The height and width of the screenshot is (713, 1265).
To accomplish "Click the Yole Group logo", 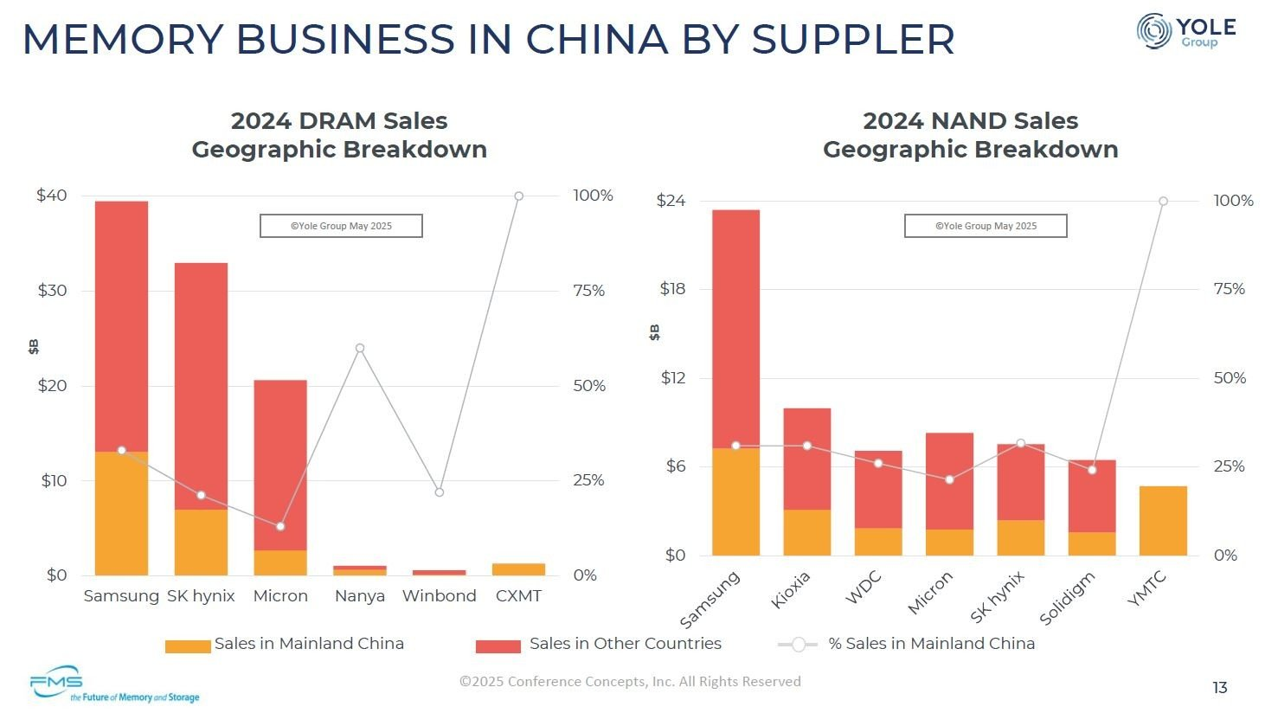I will (1185, 31).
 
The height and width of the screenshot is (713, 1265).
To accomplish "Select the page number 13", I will (1219, 688).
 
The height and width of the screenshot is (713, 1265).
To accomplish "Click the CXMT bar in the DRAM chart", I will (518, 569).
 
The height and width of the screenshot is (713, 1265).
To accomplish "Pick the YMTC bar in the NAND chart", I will (1162, 521).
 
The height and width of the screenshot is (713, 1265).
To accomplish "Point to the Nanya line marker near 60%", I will (360, 349).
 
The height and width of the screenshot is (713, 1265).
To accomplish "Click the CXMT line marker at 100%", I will (519, 196).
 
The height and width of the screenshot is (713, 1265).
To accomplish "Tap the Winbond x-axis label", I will (439, 596).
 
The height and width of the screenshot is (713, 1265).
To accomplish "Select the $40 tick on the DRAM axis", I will (52, 196).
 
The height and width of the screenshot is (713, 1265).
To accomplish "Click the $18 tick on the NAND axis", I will (672, 289).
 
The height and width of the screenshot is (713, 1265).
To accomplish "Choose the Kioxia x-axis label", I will (791, 589).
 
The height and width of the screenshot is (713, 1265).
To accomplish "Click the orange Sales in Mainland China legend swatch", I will (188, 646).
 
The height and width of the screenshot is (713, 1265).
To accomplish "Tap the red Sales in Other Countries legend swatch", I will (498, 646).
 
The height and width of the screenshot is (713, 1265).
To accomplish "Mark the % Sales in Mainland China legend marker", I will (799, 645).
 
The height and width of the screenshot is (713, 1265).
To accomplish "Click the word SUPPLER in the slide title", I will (852, 39).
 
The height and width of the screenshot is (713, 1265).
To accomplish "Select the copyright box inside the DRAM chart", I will (341, 226).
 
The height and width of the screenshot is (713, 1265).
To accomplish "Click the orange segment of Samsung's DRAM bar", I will (121, 513).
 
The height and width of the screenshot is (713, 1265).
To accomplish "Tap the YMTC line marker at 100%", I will (1163, 202).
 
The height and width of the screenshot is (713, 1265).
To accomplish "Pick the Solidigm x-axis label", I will (1067, 598).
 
